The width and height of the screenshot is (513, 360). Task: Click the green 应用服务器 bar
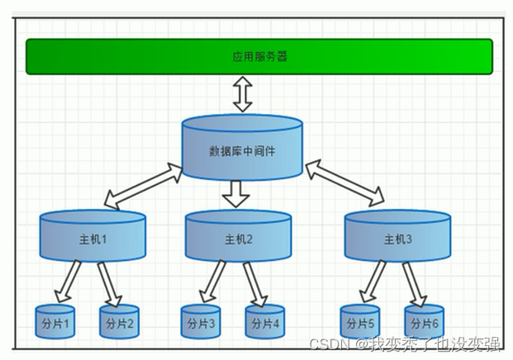(x=259, y=56)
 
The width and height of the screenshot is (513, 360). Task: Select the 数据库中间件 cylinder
(x=242, y=149)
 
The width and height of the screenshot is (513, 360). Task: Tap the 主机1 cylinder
(x=93, y=238)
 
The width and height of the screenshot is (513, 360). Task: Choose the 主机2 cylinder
(x=238, y=238)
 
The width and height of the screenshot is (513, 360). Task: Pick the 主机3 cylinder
(x=397, y=238)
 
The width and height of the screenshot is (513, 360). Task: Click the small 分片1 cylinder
(x=55, y=321)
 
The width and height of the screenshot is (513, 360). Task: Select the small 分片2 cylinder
(x=120, y=321)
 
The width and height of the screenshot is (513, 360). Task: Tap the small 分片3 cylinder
(x=201, y=321)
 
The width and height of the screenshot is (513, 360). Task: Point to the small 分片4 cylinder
(x=264, y=321)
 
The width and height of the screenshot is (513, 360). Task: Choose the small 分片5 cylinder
(x=361, y=321)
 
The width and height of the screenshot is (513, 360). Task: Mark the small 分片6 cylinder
(x=425, y=321)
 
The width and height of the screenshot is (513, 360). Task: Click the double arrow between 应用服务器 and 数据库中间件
(x=242, y=94)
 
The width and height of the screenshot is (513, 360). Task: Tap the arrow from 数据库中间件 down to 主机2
(x=237, y=193)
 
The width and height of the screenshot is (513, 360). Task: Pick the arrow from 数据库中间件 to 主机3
(x=345, y=183)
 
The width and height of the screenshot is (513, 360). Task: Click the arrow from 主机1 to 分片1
(x=68, y=281)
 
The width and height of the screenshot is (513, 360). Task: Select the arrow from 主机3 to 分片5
(x=373, y=281)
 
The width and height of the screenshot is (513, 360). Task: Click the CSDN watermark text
(x=404, y=343)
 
